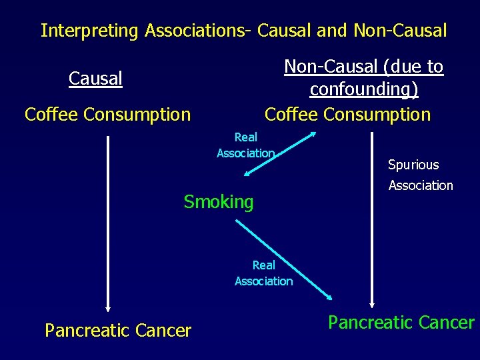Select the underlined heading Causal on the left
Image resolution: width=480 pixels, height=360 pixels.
pyautogui.click(x=95, y=79)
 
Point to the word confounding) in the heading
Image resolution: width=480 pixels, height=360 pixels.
pyautogui.click(x=363, y=89)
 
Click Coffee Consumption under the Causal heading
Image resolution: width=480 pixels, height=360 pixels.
pyautogui.click(x=107, y=115)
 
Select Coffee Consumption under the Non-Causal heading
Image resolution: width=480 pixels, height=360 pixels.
pyautogui.click(x=347, y=115)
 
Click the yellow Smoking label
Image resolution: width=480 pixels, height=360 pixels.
pyautogui.click(x=219, y=202)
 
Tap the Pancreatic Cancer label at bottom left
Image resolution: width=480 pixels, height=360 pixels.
pyautogui.click(x=118, y=331)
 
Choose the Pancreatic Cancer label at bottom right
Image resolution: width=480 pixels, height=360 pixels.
pyautogui.click(x=401, y=323)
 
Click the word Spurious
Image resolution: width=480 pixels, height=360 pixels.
pyautogui.click(x=413, y=165)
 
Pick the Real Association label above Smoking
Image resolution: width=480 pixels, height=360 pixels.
pyautogui.click(x=245, y=145)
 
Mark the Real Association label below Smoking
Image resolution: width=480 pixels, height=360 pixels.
pyautogui.click(x=263, y=273)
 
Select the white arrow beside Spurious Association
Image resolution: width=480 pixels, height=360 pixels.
pyautogui.click(x=373, y=220)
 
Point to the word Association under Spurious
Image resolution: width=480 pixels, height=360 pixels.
pyautogui.click(x=421, y=185)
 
